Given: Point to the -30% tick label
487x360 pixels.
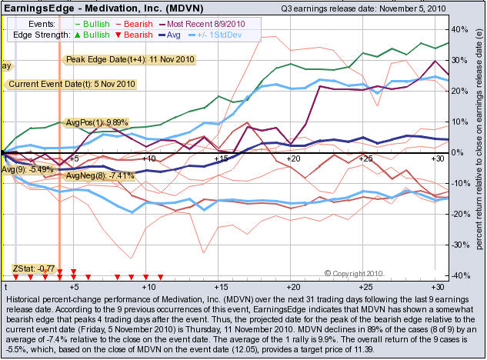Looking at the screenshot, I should pos(457,245).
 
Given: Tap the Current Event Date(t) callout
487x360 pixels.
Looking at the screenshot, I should pos(72,83).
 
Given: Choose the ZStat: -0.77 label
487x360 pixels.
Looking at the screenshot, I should pos(35,268).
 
